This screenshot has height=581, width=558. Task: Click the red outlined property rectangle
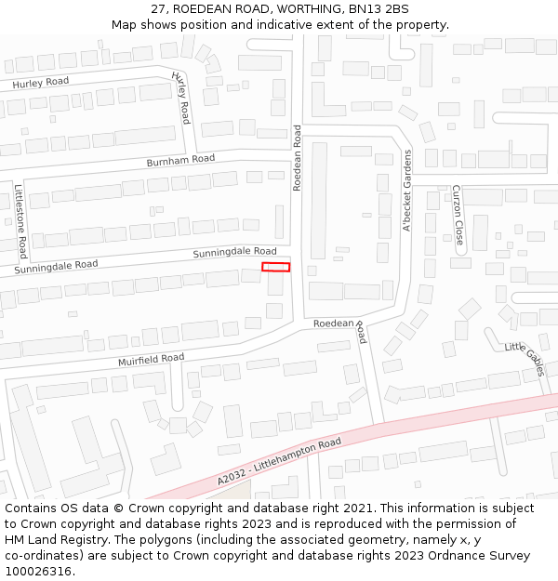click(275, 267)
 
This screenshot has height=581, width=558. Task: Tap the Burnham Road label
click(180, 161)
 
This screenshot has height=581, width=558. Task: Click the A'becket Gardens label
click(406, 191)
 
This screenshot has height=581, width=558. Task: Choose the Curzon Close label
click(458, 215)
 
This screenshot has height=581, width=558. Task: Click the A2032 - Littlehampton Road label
click(280, 462)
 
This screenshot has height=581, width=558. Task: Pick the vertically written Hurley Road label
click(181, 99)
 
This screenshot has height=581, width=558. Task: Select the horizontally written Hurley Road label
click(41, 83)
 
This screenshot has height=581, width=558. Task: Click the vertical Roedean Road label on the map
click(298, 159)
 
